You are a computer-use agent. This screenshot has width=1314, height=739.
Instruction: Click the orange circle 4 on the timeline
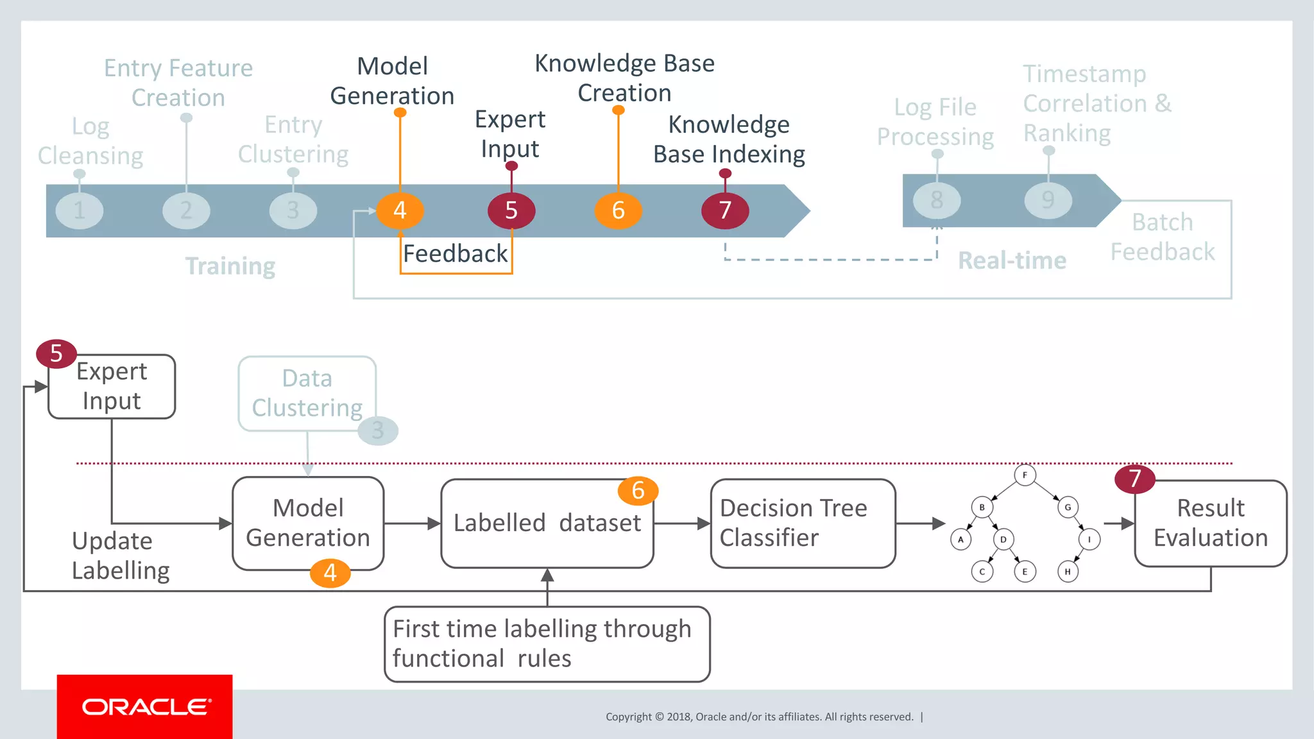tap(400, 210)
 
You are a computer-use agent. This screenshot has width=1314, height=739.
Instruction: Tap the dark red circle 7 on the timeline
tap(725, 210)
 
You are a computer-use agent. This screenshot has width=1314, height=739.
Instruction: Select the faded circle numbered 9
tap(1048, 200)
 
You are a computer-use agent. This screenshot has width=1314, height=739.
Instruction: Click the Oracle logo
tap(145, 706)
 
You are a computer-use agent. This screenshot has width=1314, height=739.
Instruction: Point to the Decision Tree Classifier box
tap(803, 523)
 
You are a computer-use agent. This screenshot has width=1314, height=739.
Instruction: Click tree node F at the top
tap(1025, 475)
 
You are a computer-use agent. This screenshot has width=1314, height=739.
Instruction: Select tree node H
tap(1068, 572)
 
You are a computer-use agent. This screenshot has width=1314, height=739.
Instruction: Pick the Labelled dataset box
tap(547, 523)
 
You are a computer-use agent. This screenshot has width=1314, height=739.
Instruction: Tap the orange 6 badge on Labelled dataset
tap(638, 491)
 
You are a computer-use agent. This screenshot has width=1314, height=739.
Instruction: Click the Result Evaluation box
tap(1211, 523)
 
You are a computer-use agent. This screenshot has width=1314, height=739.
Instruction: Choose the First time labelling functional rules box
tap(547, 644)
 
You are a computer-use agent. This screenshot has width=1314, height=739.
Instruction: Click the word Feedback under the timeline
tap(455, 254)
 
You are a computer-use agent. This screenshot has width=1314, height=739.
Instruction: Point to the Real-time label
tap(1012, 260)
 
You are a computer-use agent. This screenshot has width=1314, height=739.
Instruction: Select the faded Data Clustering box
tap(307, 393)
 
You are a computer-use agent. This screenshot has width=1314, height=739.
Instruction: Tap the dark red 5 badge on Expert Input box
tap(56, 353)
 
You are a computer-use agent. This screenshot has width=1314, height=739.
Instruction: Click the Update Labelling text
tap(120, 556)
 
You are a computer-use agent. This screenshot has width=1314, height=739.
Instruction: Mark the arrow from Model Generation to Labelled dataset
tap(413, 523)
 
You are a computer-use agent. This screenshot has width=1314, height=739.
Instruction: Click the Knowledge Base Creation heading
tap(624, 78)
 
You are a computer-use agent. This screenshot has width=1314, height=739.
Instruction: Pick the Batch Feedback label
tap(1162, 237)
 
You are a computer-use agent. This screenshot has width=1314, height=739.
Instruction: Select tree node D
tap(1003, 539)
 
